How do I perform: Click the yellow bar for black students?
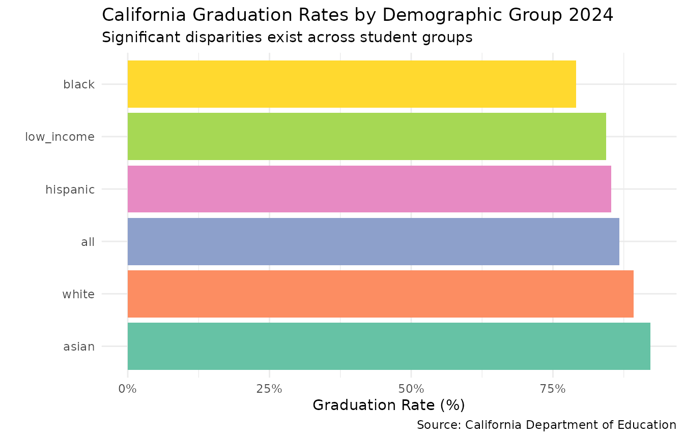click(x=351, y=84)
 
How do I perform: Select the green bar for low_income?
click(x=366, y=137)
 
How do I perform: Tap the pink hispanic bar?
click(x=369, y=189)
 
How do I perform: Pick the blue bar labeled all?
click(x=373, y=241)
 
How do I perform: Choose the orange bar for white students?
click(x=380, y=294)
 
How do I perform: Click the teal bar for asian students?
click(x=388, y=346)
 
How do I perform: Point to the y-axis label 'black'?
click(x=79, y=85)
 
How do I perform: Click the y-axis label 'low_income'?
click(x=60, y=137)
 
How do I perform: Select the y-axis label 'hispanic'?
click(x=70, y=190)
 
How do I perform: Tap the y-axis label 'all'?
click(x=88, y=242)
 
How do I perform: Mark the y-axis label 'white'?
click(x=78, y=294)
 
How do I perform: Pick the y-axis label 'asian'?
click(x=79, y=347)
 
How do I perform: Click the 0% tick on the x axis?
click(x=128, y=389)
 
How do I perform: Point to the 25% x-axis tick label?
click(x=269, y=389)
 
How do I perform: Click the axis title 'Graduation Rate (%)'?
click(x=389, y=405)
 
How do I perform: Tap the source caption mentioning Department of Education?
click(x=546, y=425)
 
